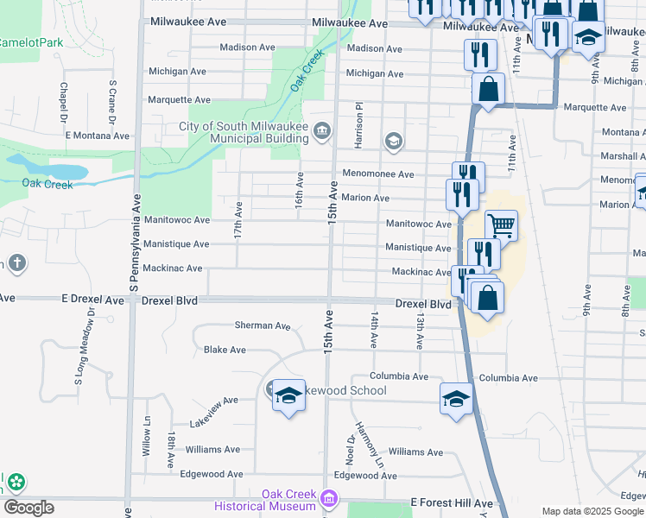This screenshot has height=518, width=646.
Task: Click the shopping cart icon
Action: click(x=501, y=226)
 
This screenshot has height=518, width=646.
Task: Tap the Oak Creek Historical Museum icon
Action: click(x=327, y=498)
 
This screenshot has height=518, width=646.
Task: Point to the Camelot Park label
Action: click(x=31, y=42)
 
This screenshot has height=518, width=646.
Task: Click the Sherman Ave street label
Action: click(x=263, y=325)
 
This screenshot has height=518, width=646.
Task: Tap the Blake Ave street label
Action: click(x=225, y=350)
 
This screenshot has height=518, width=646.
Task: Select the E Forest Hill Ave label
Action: click(x=451, y=502)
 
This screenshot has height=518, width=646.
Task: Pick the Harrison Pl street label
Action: click(x=358, y=123)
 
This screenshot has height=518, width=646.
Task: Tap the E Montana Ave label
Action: click(x=97, y=136)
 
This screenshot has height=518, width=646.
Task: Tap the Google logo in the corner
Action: click(x=28, y=507)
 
